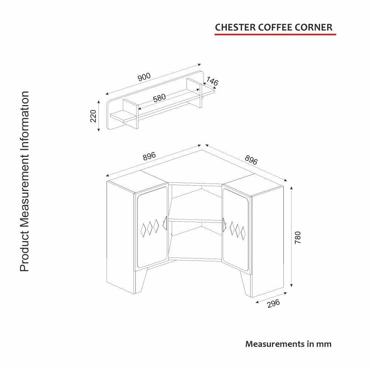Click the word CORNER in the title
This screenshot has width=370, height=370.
click(x=315, y=27)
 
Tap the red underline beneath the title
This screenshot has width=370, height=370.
click(x=275, y=34)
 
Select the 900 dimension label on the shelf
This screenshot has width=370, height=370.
click(x=144, y=77)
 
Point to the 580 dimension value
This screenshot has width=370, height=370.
click(x=159, y=98)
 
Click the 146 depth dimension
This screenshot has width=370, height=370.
click(x=212, y=81)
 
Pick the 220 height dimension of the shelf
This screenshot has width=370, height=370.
click(x=93, y=116)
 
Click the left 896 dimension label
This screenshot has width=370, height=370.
click(x=149, y=157)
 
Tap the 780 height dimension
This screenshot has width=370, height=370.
click(x=298, y=237)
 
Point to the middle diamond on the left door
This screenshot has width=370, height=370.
click(x=150, y=228)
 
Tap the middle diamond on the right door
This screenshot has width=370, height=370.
click(x=237, y=229)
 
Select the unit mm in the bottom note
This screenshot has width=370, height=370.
click(x=324, y=344)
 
